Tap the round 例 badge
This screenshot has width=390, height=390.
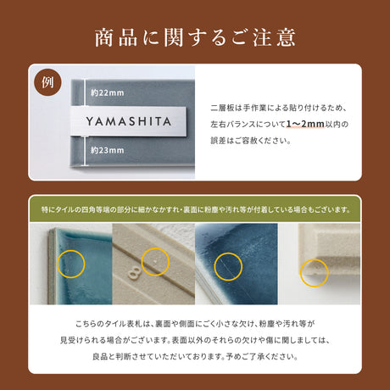[47, 83]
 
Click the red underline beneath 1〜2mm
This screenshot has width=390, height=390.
[305, 130]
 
